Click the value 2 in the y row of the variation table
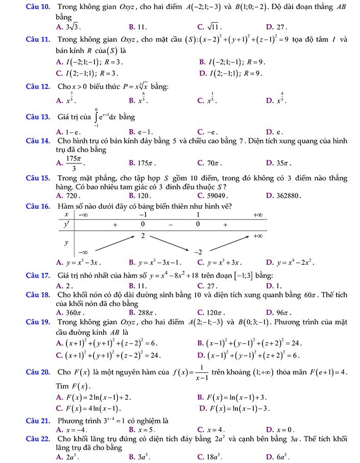point(143,236)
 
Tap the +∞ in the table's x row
point(258,215)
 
